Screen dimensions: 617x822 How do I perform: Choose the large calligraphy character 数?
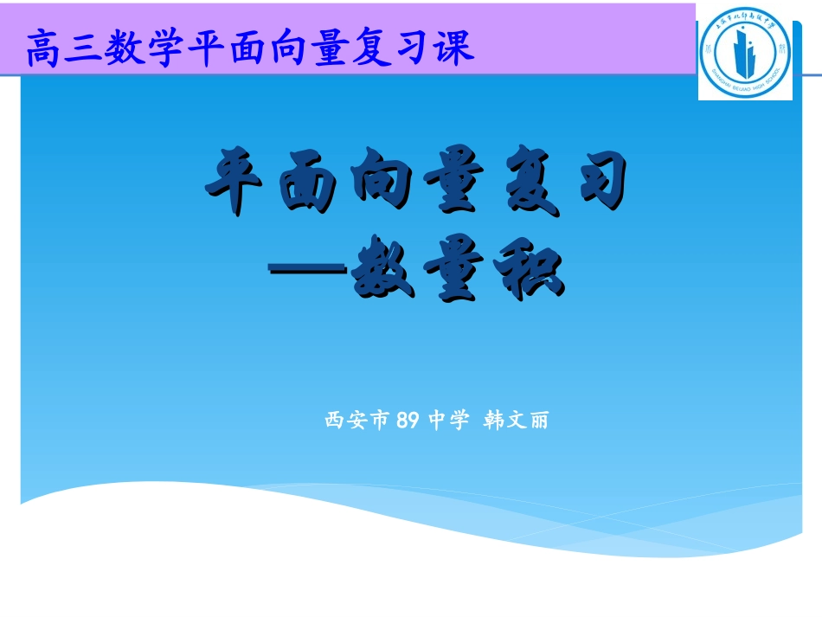tap(382, 272)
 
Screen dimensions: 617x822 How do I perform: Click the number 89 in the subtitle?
tap(407, 421)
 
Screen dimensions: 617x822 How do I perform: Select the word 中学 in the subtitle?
tap(448, 421)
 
